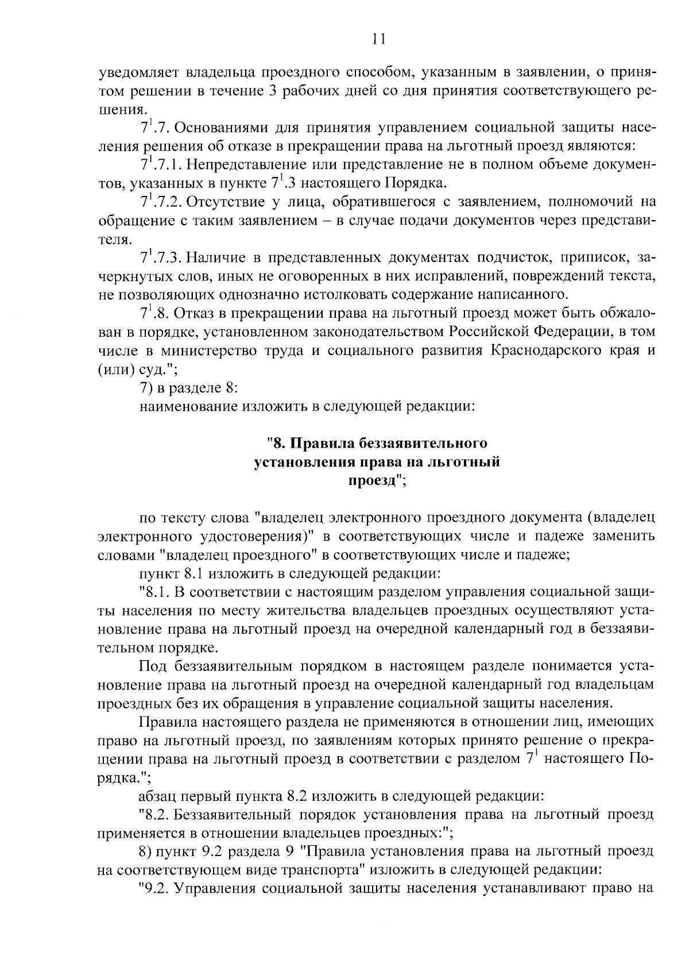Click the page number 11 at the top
[x=378, y=38]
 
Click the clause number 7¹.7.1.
[x=161, y=165]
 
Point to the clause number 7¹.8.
[x=153, y=313]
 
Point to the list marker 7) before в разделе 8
[x=145, y=388]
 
